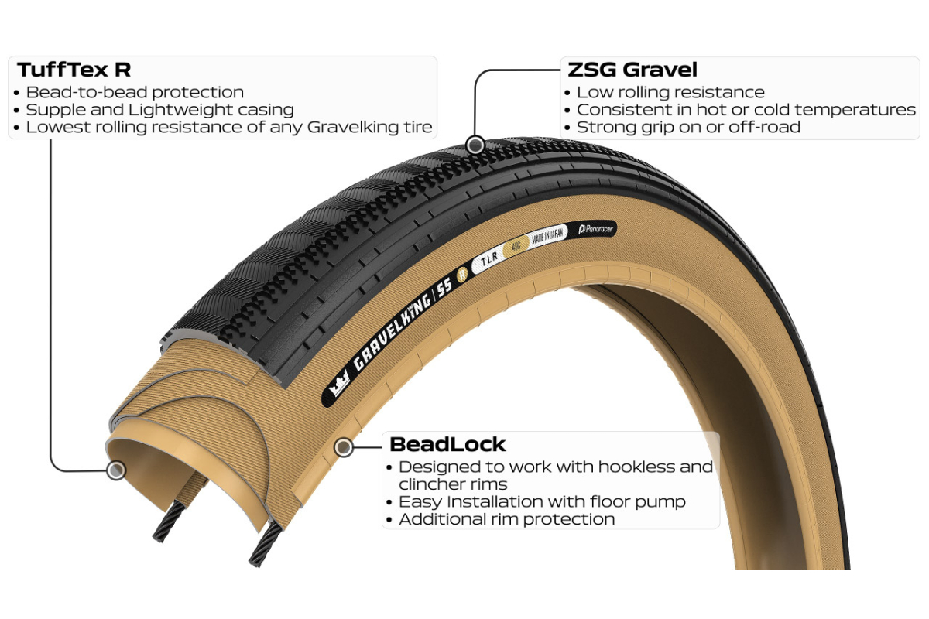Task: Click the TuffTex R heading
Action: pos(74,70)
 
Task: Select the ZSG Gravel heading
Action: pos(632,70)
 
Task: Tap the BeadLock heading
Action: pos(447,444)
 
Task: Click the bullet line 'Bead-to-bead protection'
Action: pos(135,92)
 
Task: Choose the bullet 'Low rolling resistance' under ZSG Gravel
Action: pos(670,92)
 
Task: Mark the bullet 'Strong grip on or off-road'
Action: pos(688,127)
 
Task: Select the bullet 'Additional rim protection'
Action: pos(506,519)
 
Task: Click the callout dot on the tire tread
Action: pos(476,144)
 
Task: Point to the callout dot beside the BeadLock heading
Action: pos(343,446)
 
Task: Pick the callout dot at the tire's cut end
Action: pos(116,470)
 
